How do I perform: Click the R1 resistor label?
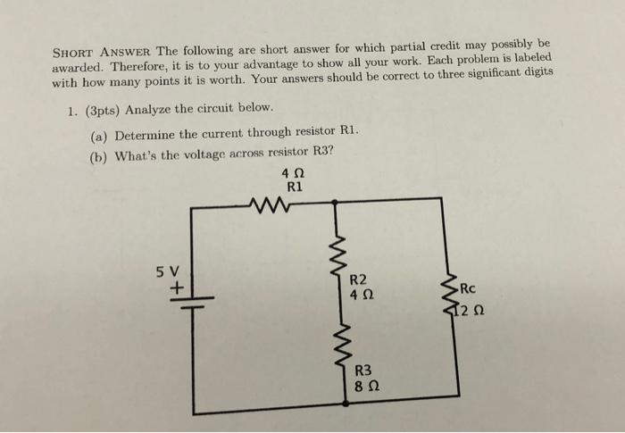(x=296, y=187)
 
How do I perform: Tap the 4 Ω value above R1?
(x=296, y=173)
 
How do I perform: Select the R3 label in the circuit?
(x=365, y=371)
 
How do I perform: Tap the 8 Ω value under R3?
(x=365, y=387)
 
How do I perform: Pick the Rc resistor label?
(x=471, y=288)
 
